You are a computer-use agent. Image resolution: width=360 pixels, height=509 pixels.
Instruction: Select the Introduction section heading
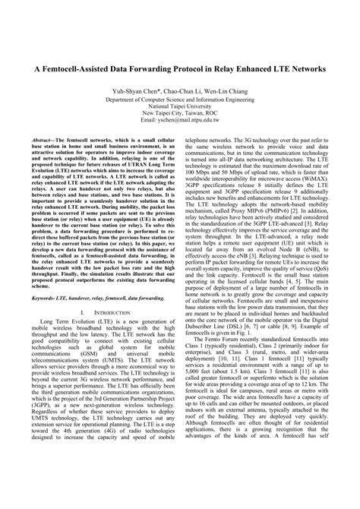(105, 292)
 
